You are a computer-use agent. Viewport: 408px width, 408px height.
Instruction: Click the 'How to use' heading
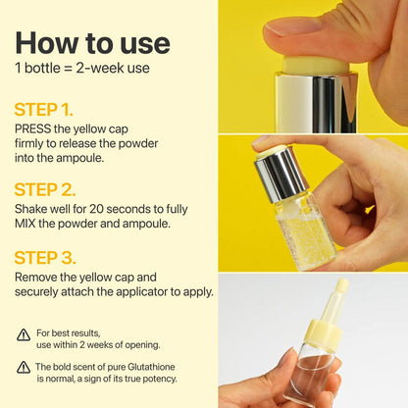(92, 42)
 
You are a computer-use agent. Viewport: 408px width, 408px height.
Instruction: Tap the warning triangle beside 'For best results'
(23, 334)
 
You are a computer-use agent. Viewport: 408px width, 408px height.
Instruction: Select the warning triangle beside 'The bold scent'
(23, 367)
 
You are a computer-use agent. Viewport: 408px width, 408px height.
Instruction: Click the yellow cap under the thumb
(316, 66)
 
